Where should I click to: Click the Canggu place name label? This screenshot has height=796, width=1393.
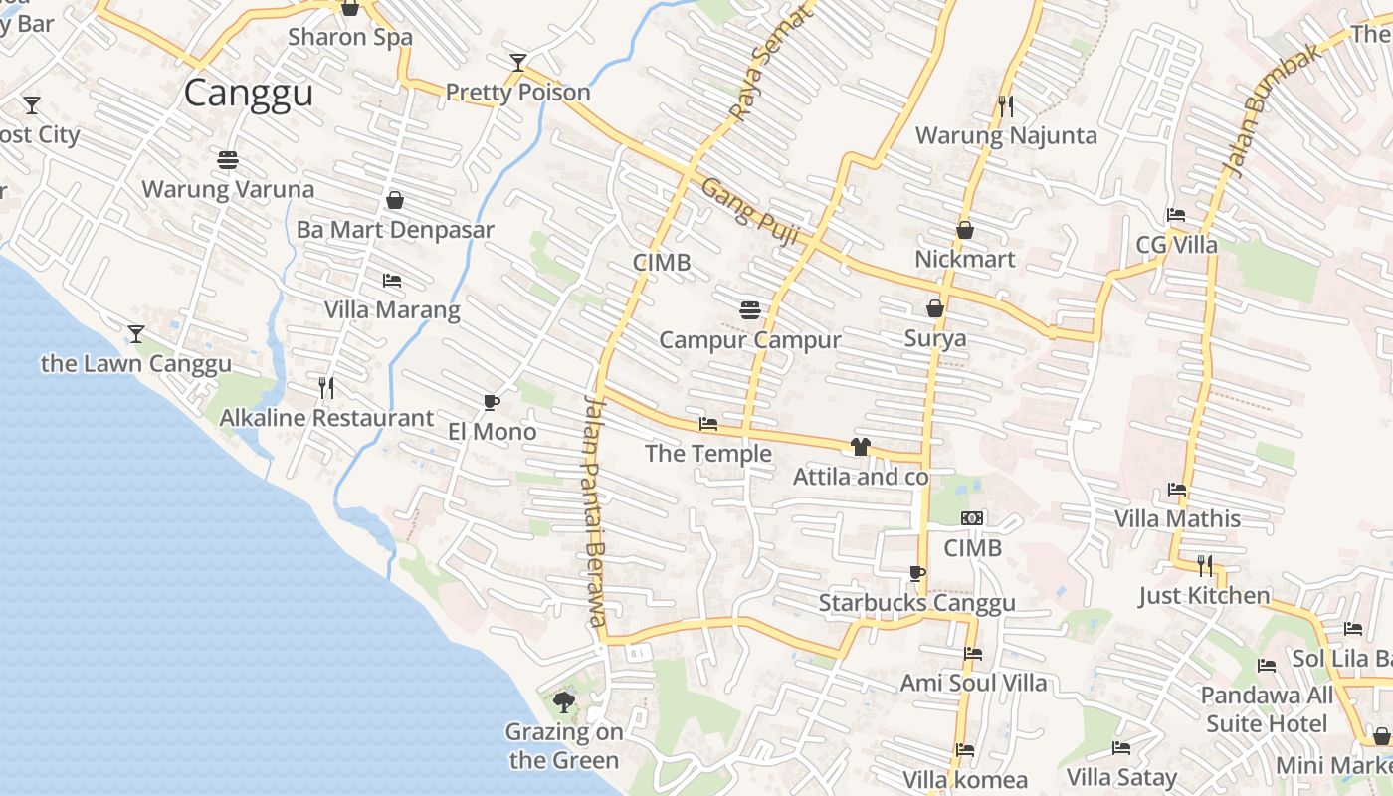(x=249, y=93)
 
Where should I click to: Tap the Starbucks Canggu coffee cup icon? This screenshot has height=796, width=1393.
(x=916, y=573)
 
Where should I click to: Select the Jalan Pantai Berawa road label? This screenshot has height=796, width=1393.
(x=594, y=510)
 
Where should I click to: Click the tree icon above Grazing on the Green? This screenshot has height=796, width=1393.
(x=564, y=702)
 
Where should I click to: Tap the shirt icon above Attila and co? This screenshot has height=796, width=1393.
(x=861, y=447)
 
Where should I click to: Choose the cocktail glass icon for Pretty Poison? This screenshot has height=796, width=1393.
(x=517, y=63)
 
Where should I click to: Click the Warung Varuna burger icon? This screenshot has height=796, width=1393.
(x=228, y=159)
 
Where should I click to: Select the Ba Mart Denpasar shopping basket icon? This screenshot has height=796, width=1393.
(x=395, y=200)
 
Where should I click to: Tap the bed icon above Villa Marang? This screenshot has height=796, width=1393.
(x=392, y=281)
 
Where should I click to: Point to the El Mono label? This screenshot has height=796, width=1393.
(x=493, y=432)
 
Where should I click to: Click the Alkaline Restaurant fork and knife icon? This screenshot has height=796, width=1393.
(x=326, y=387)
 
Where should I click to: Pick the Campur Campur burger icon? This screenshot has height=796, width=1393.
(x=750, y=310)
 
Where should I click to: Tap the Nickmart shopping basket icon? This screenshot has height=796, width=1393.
(x=964, y=230)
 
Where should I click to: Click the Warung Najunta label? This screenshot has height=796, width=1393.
(x=1006, y=135)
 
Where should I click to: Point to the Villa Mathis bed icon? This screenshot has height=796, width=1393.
(x=1177, y=489)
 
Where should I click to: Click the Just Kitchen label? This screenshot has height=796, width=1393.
(x=1205, y=596)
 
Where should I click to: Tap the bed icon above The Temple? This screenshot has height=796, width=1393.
(x=708, y=424)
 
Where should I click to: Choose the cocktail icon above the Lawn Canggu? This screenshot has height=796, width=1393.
(x=136, y=333)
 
